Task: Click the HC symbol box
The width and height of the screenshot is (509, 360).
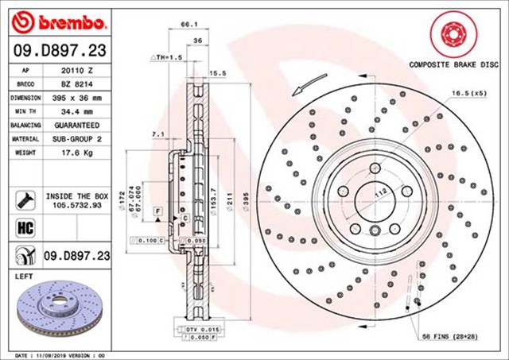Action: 23,229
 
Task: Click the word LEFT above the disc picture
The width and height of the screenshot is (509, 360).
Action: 25,276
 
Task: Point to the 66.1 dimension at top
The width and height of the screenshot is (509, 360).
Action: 189,25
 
